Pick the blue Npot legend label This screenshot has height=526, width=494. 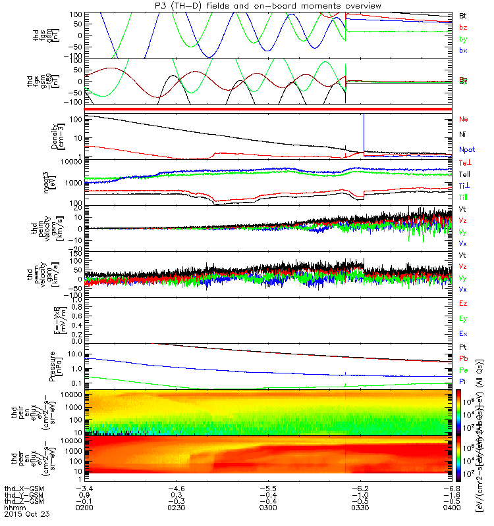pos(466,150)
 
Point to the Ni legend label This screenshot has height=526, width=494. pos(462,134)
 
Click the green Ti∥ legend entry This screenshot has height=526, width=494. pos(463,197)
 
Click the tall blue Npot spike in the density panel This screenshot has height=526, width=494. pos(363,131)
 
